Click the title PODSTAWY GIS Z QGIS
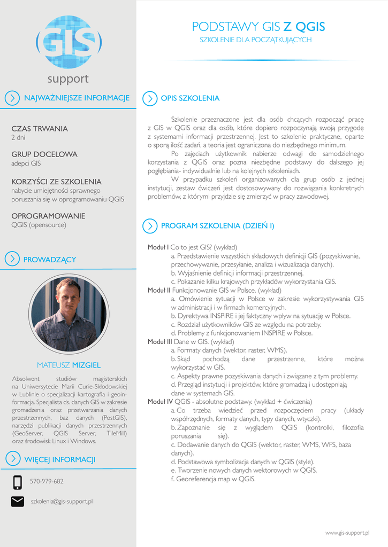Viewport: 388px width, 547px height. (x=258, y=27)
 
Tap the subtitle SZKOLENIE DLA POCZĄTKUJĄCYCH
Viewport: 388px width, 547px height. (x=255, y=40)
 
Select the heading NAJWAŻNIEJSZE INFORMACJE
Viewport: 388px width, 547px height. (x=77, y=98)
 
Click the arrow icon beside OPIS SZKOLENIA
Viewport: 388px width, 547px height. (x=150, y=98)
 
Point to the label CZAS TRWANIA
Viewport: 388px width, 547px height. (x=40, y=129)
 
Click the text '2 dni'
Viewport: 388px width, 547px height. (x=18, y=138)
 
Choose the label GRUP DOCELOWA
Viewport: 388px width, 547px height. (x=44, y=154)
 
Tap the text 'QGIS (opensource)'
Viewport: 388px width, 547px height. (x=39, y=225)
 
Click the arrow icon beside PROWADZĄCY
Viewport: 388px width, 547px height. (x=12, y=259)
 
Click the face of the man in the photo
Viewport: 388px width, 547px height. (x=69, y=298)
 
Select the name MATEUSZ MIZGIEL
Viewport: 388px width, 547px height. (x=69, y=365)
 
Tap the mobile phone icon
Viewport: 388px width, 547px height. (x=18, y=482)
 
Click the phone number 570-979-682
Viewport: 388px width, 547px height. (x=47, y=481)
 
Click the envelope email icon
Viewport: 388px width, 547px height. (x=18, y=502)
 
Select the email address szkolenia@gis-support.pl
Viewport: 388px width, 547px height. (x=62, y=502)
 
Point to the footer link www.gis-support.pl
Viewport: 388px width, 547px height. (x=348, y=533)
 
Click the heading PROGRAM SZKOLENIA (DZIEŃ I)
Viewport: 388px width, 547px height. (x=217, y=226)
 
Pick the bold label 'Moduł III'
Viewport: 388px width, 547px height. (x=160, y=341)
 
